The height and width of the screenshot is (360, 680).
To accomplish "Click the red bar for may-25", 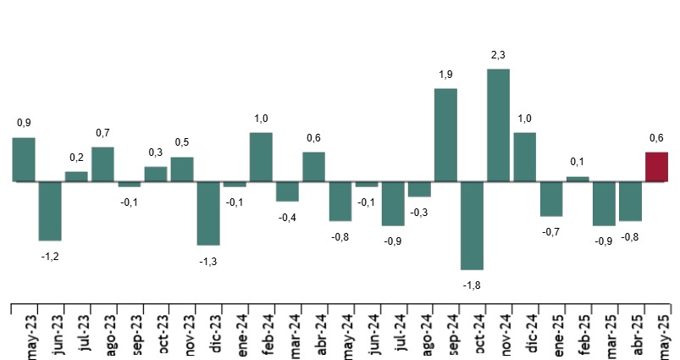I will pyautogui.click(x=656, y=167).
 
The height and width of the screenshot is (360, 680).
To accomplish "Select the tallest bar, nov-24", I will pyautogui.click(x=498, y=125).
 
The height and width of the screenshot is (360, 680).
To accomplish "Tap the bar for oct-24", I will pyautogui.click(x=472, y=225).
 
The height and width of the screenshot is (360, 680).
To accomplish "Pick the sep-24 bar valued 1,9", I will pyautogui.click(x=445, y=135).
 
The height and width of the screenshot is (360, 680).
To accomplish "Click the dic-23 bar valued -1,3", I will pyautogui.click(x=208, y=213).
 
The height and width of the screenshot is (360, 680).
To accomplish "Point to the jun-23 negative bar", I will pyautogui.click(x=50, y=211).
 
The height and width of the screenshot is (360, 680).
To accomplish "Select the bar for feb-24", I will pyautogui.click(x=261, y=157).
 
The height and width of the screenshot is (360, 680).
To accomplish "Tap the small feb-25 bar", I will pyautogui.click(x=578, y=179).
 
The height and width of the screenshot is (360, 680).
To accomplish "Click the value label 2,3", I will pyautogui.click(x=498, y=56).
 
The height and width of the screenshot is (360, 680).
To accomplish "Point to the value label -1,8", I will pyautogui.click(x=472, y=285).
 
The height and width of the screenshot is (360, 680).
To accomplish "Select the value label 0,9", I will pyautogui.click(x=24, y=123).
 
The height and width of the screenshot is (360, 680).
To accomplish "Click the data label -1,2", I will pyautogui.click(x=50, y=256).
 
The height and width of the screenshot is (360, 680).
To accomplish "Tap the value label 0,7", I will pyautogui.click(x=102, y=133).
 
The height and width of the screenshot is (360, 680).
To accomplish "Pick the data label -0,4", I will pyautogui.click(x=287, y=218).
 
